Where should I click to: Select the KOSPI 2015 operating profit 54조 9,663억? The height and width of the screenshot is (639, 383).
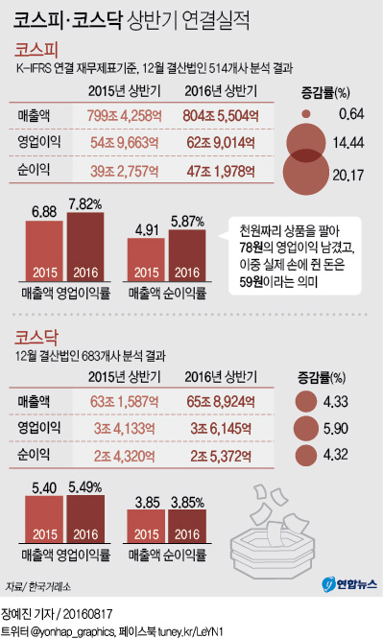(x=122, y=143)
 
